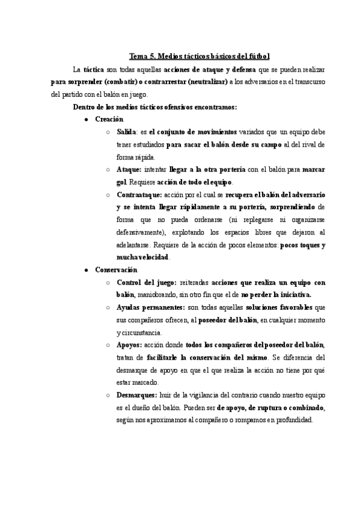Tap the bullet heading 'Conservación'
(116, 270)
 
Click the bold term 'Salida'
(127, 132)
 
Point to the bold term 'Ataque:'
(130, 170)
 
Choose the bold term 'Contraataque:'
(141, 195)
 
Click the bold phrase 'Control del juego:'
(146, 283)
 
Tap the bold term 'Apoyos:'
(130, 345)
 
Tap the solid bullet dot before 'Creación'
(88, 120)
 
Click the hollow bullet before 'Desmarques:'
(107, 396)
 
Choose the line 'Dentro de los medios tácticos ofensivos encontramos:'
(154, 107)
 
